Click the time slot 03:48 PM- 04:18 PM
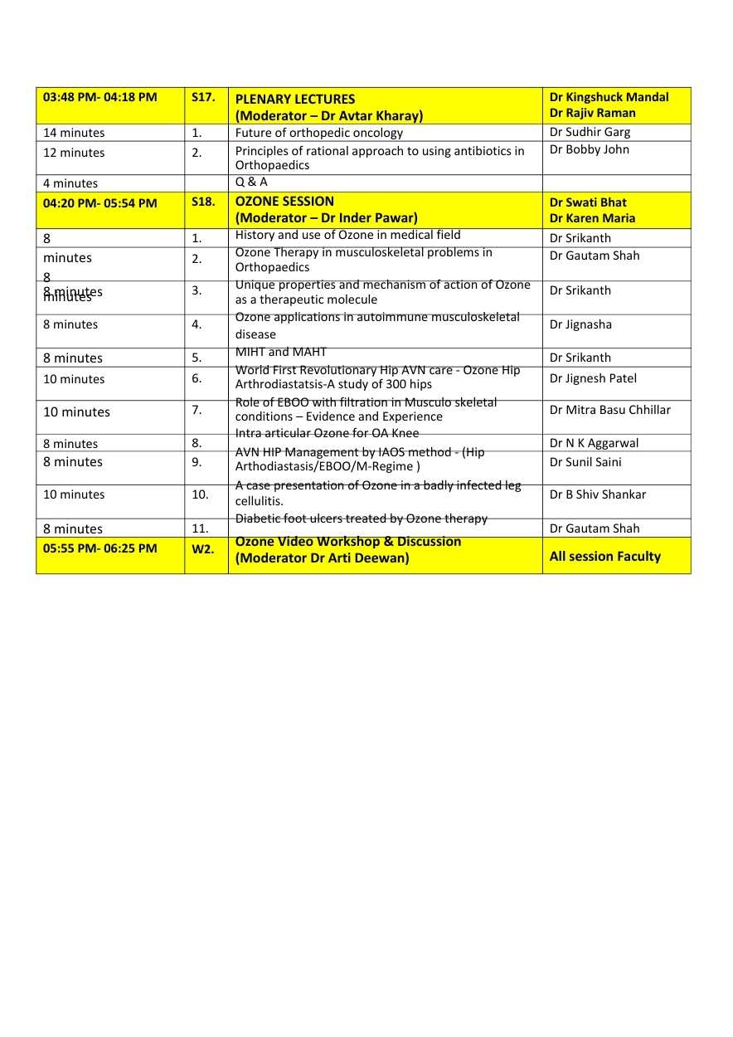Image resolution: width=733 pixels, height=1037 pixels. coord(100,97)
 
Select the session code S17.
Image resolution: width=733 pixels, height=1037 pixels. coord(203,97)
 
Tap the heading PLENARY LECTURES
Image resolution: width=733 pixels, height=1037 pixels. coord(295,99)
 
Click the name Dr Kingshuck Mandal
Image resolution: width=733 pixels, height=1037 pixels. coord(609,97)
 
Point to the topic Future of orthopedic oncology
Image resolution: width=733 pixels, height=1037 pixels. coord(318,133)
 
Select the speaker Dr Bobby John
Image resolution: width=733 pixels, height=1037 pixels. coord(589,149)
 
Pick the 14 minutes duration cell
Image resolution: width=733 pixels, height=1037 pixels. coord(74,133)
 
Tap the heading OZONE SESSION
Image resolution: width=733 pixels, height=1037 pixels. coord(284,201)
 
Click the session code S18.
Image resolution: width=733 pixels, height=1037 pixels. coord(203,202)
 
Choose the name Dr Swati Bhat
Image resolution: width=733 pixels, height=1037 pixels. coord(588,202)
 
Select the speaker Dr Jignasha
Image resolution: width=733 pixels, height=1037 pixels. coord(580,324)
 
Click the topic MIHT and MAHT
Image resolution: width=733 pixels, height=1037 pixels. coord(281,352)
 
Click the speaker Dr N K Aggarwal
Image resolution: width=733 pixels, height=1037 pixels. coord(594,443)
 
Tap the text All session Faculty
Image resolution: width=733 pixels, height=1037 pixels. coord(604,556)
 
